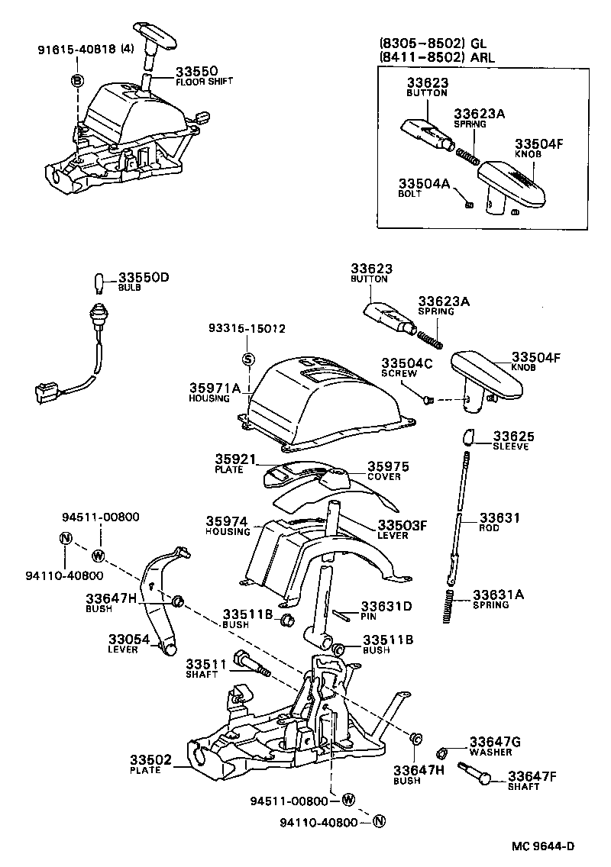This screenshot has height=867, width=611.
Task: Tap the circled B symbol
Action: [x=77, y=80]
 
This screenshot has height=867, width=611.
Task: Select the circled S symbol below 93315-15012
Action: [x=247, y=359]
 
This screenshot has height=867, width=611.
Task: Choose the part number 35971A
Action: [x=215, y=388]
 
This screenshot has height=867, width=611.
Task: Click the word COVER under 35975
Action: [x=384, y=477]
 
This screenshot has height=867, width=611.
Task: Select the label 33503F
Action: [x=403, y=525]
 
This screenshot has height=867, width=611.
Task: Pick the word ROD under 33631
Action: [x=488, y=528]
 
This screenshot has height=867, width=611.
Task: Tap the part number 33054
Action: [x=123, y=638]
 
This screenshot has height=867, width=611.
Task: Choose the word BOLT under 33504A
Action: [x=409, y=195]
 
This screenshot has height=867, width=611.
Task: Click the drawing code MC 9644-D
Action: [x=543, y=846]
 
